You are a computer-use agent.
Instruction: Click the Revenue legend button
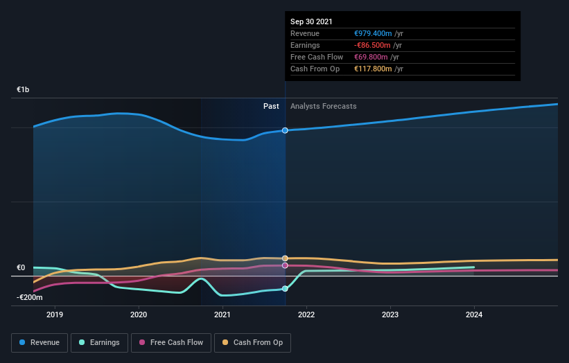click(x=40, y=342)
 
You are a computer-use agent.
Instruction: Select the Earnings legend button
click(x=99, y=342)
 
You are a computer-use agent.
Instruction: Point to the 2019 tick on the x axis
click(x=55, y=315)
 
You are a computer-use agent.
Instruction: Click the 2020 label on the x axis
click(x=139, y=315)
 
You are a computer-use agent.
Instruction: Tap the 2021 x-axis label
click(x=222, y=315)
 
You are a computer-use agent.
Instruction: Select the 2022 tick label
click(x=306, y=315)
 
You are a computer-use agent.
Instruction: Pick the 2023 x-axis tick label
click(x=390, y=315)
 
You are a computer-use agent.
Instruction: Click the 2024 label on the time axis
click(x=474, y=315)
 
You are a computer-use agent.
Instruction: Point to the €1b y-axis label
click(x=24, y=90)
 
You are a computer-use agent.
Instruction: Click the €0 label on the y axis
click(x=21, y=268)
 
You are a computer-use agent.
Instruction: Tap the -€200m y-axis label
click(x=30, y=298)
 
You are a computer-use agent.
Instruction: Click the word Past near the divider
click(x=271, y=106)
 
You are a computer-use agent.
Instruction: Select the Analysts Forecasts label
click(x=324, y=106)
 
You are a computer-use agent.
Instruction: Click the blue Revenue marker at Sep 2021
click(x=285, y=130)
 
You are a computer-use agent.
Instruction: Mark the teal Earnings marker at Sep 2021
click(x=285, y=289)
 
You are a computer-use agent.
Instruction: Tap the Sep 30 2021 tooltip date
click(x=311, y=21)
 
